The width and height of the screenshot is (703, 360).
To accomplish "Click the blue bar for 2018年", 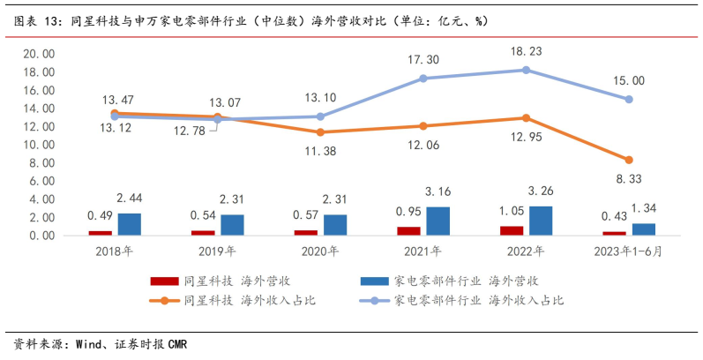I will (129, 224).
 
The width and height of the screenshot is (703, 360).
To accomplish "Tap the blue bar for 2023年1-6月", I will (644, 229).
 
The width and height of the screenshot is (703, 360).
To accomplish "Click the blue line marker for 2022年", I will (527, 70).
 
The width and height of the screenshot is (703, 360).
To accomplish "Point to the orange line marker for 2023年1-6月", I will (629, 160).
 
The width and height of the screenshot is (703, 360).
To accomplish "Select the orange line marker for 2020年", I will (320, 132).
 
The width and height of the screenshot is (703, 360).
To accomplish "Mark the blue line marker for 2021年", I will (423, 79).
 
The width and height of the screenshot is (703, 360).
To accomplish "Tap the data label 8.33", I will (629, 179).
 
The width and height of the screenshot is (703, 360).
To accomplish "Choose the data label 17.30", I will (423, 59).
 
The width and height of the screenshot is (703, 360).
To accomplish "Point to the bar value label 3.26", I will (542, 190).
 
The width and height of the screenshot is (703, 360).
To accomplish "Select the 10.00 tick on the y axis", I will (39, 145).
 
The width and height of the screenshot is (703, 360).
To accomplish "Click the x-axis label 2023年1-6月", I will (629, 251).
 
